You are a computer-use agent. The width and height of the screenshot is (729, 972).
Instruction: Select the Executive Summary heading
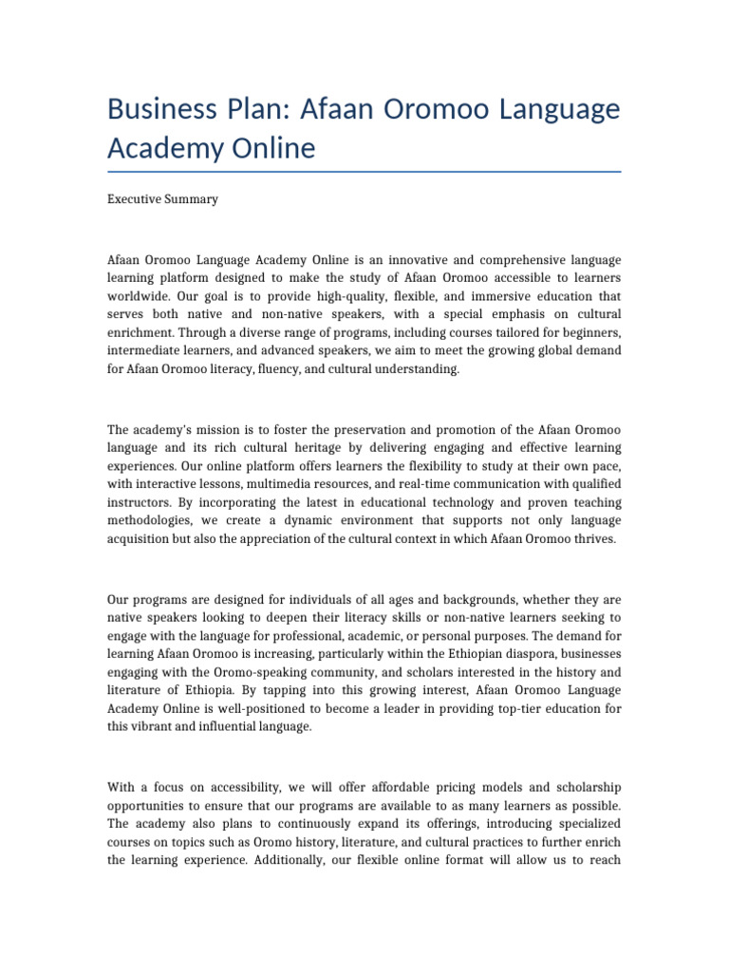pos(162,199)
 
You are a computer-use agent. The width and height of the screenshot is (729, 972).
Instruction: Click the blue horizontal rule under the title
pos(364,172)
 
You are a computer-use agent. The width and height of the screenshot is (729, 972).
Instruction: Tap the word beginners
pos(587,331)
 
